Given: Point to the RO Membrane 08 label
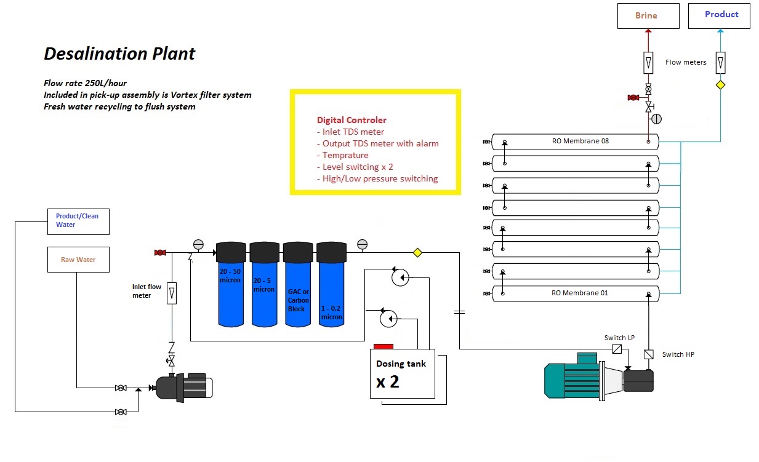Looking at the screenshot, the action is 580,141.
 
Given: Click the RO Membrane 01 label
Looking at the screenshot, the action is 579,293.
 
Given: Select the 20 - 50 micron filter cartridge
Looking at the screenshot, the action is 231,284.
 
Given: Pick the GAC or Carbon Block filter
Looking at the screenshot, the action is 298,284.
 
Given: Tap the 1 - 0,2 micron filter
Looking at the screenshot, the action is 331,284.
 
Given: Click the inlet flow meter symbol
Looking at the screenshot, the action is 172,293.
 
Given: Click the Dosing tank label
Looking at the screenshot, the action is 401,364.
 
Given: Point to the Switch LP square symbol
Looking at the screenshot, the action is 617,349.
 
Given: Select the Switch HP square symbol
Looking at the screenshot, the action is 649,354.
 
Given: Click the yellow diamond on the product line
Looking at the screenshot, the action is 720,85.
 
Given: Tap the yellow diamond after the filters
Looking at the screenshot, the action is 417,253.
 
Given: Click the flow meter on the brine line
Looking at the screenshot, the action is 648,63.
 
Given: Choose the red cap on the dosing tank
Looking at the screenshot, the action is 384,346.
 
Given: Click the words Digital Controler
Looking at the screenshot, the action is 351,120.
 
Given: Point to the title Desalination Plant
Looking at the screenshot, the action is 119,54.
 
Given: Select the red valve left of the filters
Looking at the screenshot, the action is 160,253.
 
